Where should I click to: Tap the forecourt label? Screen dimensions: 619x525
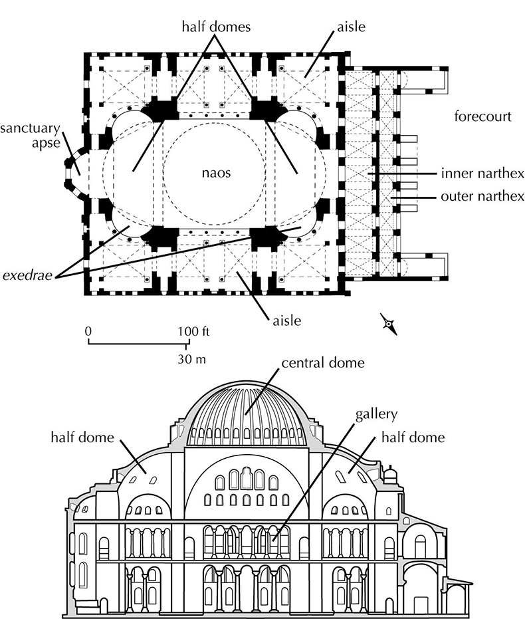point(482,117)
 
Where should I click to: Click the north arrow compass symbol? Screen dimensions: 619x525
point(388,323)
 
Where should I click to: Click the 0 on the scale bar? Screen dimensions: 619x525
point(88,331)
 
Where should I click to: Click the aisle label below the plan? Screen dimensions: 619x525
point(286,321)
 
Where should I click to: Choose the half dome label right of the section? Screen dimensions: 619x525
point(413,438)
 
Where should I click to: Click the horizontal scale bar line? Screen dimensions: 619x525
point(137,344)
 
